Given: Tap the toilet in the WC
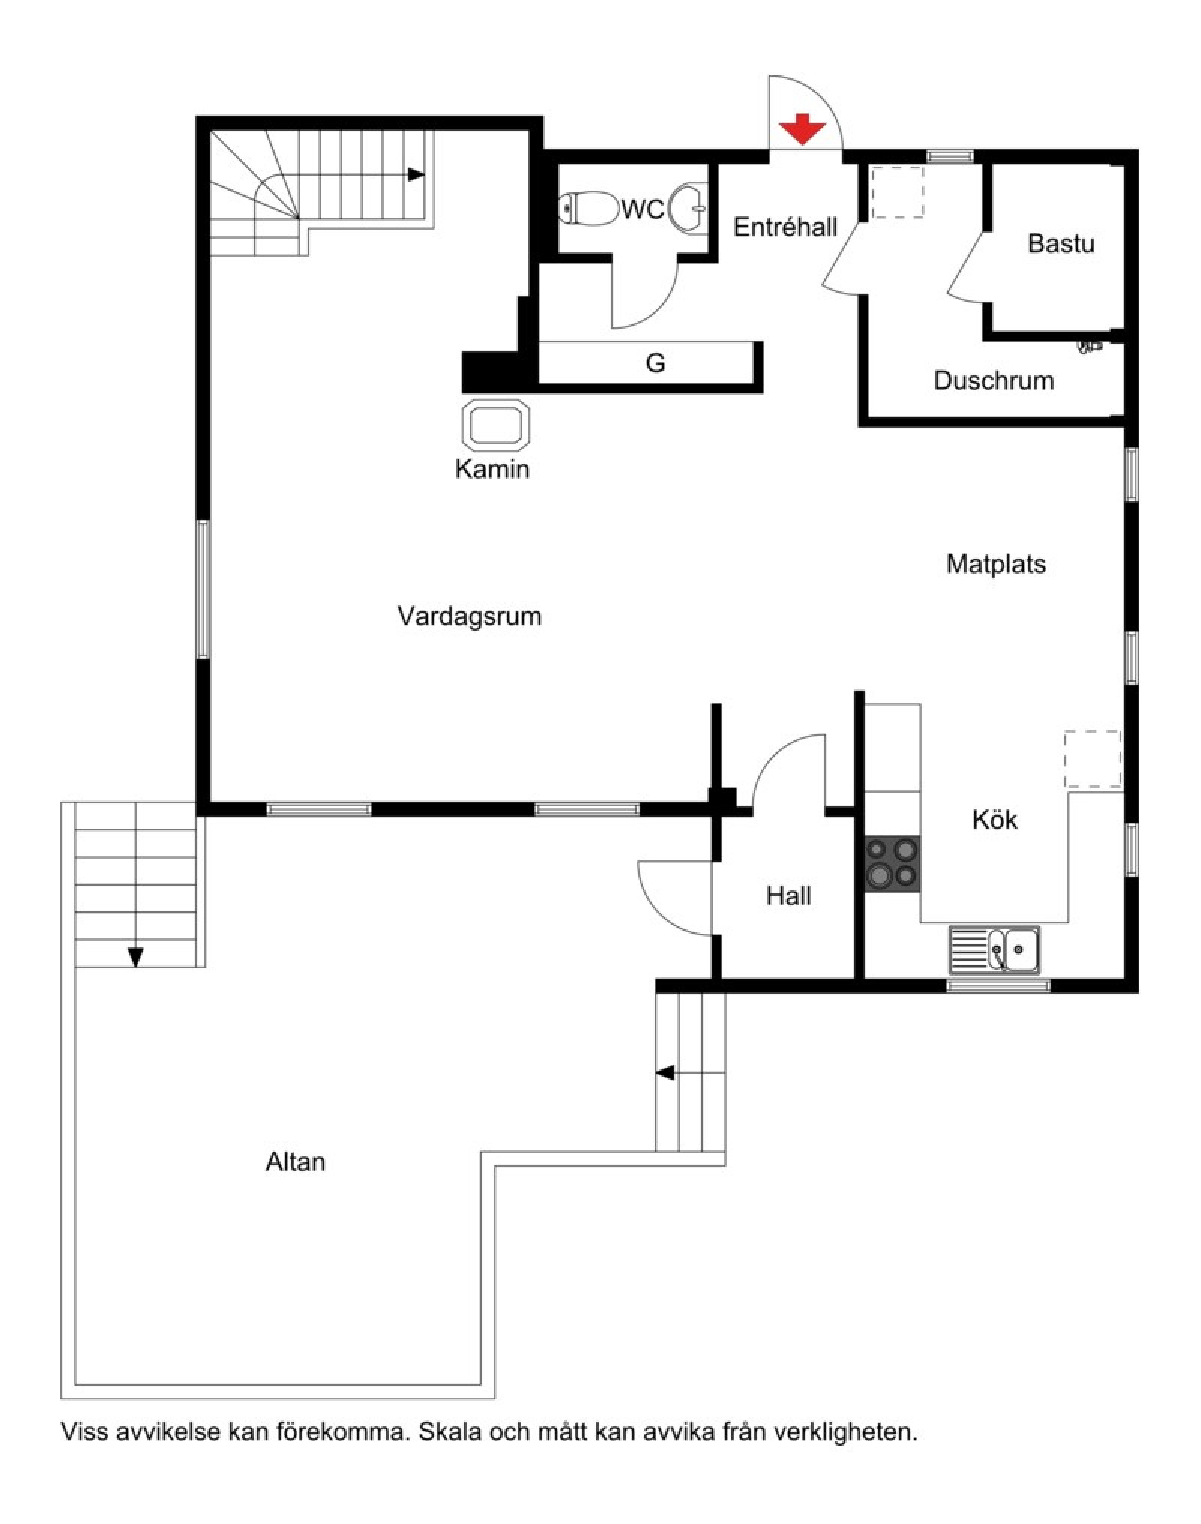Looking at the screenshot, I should (x=586, y=208).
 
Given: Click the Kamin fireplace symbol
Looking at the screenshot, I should (x=496, y=426).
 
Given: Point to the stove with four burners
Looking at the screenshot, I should (x=892, y=863).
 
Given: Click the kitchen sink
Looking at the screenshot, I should (x=994, y=950).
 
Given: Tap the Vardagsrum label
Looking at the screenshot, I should (x=469, y=616).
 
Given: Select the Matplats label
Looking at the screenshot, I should (x=995, y=564).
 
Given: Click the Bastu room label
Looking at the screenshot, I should (x=1061, y=243).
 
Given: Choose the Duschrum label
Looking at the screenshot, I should (x=993, y=381).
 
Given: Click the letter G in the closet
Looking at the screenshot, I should (x=655, y=363).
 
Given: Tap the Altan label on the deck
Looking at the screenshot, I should (x=295, y=1162).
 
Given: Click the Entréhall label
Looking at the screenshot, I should (x=784, y=227).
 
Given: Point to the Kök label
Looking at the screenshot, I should (x=995, y=820).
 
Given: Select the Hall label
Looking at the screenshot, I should (x=788, y=896).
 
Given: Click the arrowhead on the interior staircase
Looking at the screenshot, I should (x=415, y=174).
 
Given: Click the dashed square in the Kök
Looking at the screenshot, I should (x=1092, y=759).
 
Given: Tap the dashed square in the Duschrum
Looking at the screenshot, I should (x=897, y=192).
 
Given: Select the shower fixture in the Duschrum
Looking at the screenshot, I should (x=1090, y=346).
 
